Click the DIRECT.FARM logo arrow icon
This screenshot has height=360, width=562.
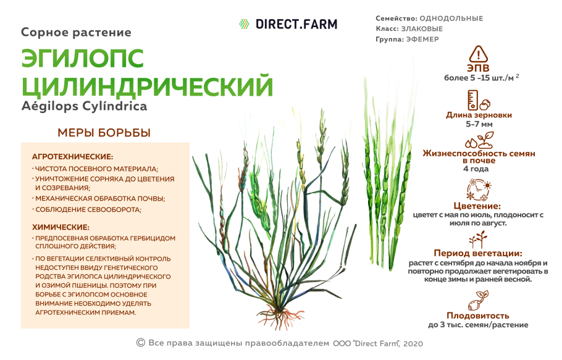[244, 24]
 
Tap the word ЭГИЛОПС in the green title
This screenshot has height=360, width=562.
[83, 59]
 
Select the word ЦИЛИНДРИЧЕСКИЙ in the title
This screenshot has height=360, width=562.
[147, 85]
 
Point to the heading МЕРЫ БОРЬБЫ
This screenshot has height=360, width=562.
[104, 133]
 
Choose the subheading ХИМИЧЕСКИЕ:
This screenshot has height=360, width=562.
[61, 227]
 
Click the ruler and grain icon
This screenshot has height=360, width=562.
[479, 100]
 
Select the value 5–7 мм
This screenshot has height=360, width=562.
[479, 124]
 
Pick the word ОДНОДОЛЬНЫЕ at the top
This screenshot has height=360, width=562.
[451, 19]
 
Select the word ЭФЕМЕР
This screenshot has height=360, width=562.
[422, 39]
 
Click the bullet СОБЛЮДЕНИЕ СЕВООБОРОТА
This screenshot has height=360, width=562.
[88, 209]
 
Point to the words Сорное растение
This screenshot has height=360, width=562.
[76, 32]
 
